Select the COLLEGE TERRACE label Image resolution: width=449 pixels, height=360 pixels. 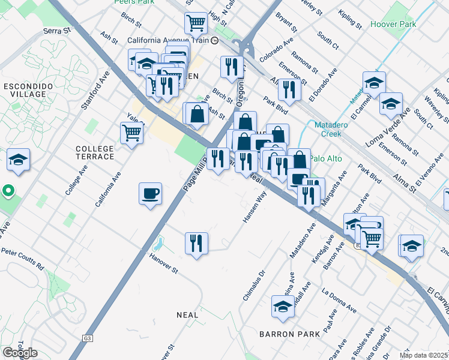pyautogui.click(x=95, y=152)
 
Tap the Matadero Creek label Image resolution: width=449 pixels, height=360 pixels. pyautogui.click(x=336, y=129)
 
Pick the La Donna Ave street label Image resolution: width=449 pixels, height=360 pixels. pyautogui.click(x=339, y=301)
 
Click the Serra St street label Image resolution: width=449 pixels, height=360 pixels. pyautogui.click(x=57, y=29)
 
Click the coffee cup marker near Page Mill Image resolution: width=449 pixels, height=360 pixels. pyautogui.click(x=150, y=194)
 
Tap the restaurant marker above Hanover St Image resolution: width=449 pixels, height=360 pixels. pyautogui.click(x=196, y=244)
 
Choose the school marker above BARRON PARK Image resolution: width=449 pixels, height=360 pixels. pyautogui.click(x=283, y=307)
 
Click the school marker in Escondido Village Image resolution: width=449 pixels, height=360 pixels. pyautogui.click(x=18, y=160)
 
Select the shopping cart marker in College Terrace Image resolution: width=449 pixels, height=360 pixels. pyautogui.click(x=131, y=133)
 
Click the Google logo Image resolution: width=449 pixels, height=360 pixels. pyautogui.click(x=20, y=352)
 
